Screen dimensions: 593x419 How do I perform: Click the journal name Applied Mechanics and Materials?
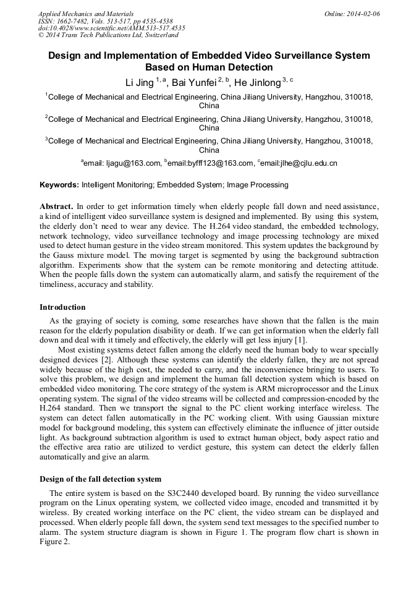(85, 13)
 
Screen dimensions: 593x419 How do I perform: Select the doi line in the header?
(111, 28)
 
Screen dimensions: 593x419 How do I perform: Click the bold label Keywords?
(59, 185)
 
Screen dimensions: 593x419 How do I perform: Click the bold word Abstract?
(56, 205)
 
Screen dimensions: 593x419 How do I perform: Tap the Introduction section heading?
(62, 307)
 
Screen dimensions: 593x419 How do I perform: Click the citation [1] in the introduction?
(298, 340)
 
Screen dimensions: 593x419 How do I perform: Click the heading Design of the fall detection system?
(100, 479)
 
